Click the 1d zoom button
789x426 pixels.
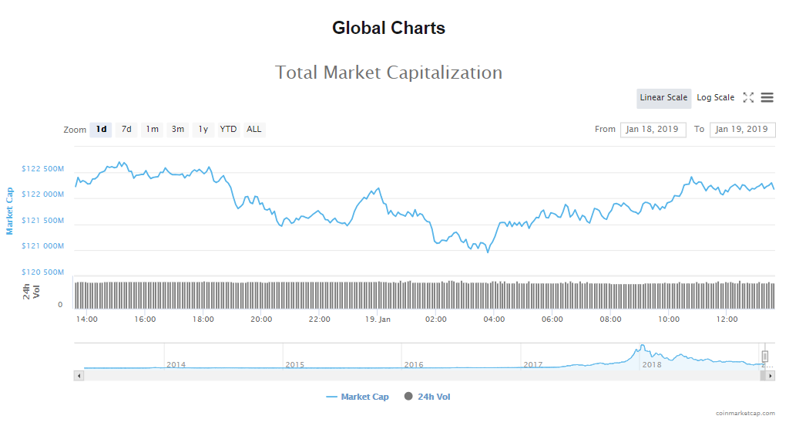(101, 130)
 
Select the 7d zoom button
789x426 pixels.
(126, 130)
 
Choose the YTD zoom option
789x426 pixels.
(228, 130)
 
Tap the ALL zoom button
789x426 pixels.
(254, 130)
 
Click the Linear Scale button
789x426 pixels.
(663, 98)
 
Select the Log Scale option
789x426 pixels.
(716, 98)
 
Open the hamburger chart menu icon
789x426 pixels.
(767, 98)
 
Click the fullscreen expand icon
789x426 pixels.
(748, 98)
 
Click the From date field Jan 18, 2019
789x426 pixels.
(653, 130)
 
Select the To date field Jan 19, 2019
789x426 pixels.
(742, 130)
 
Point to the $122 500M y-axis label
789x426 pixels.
(43, 169)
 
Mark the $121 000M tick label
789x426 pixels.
(43, 246)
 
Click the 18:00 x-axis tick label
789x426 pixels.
(203, 319)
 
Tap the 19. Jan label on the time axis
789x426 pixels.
(378, 319)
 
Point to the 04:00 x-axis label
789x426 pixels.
(494, 319)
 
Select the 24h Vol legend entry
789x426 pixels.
(433, 397)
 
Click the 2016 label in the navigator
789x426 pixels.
(414, 365)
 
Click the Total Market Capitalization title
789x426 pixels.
(389, 73)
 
